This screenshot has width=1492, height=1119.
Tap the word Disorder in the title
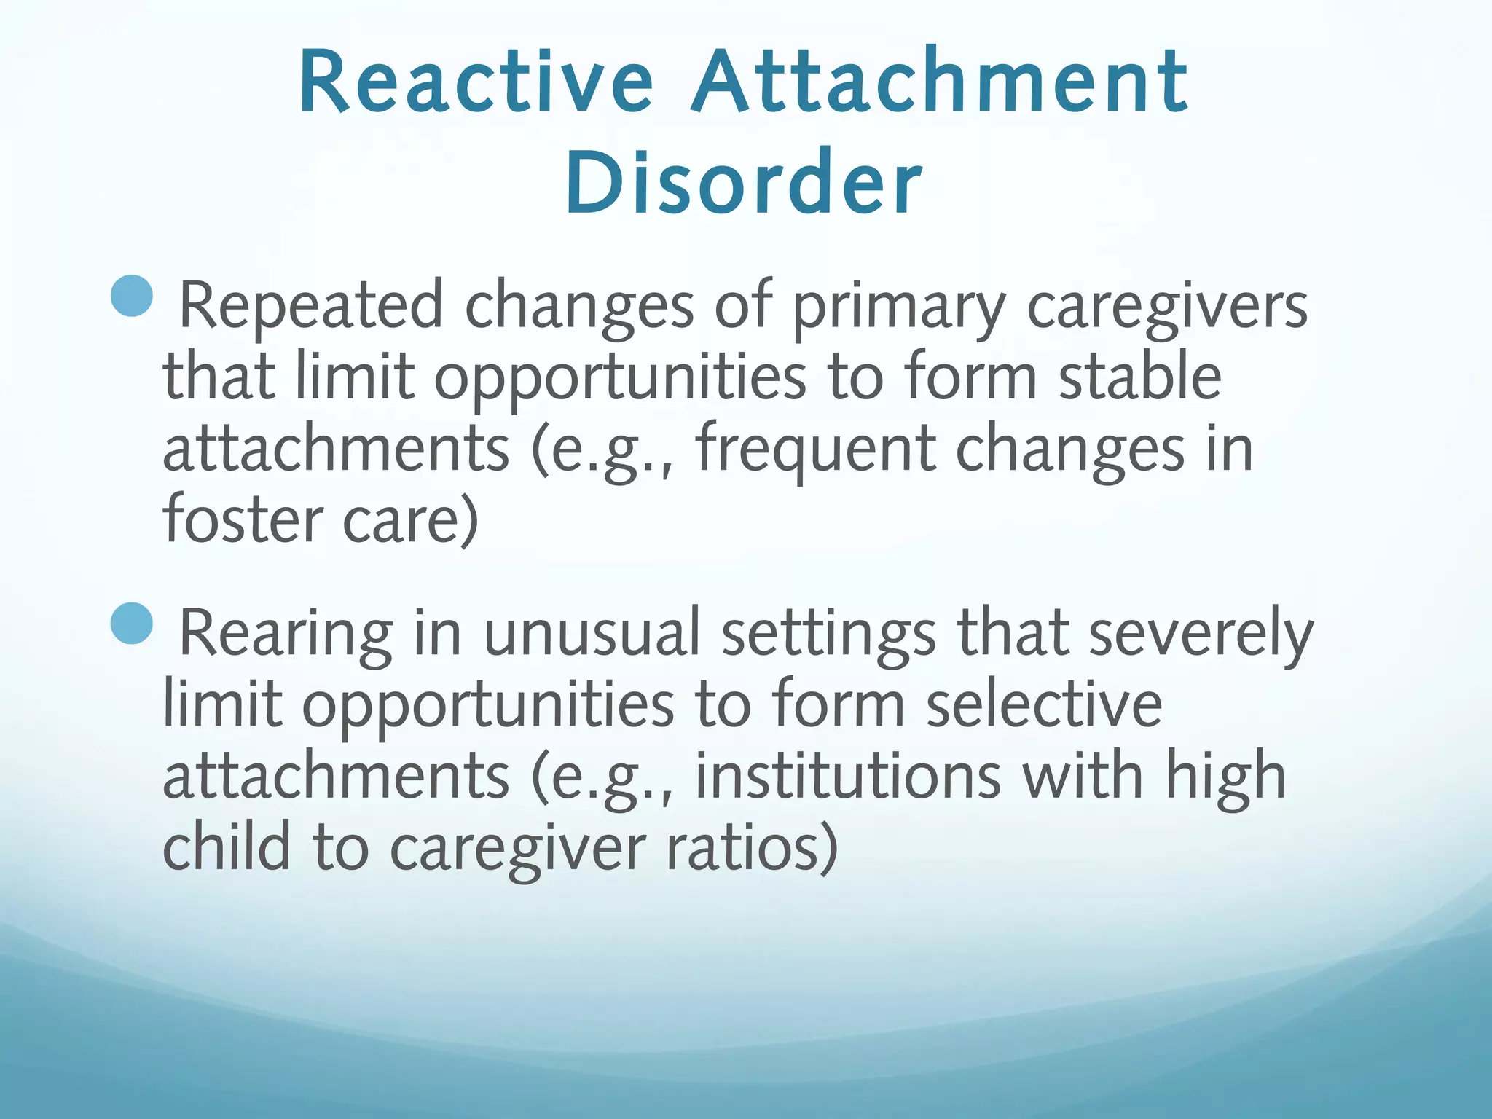coord(743,182)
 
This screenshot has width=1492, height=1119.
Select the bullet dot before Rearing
coord(133,624)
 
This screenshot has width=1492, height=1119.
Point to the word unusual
coord(591,633)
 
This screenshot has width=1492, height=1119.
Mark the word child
coord(226,847)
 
